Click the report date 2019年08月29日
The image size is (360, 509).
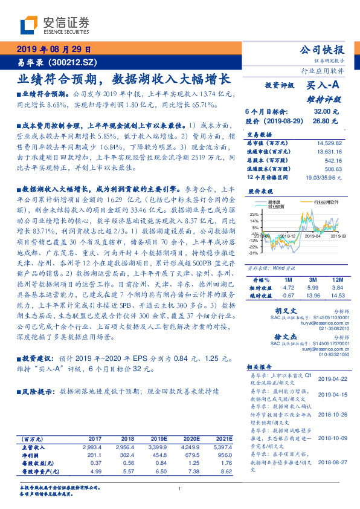53,50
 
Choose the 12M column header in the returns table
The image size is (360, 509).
336,280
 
